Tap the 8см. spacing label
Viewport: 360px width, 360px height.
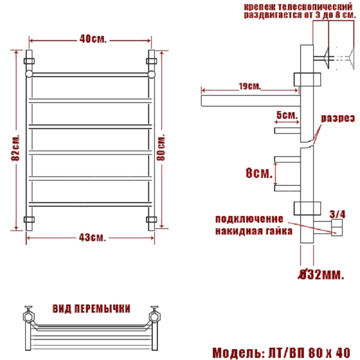tap(259, 173)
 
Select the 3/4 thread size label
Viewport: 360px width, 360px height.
tap(337, 213)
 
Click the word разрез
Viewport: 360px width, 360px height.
tap(338, 118)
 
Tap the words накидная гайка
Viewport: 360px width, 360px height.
tap(254, 231)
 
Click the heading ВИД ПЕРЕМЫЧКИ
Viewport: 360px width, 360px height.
tap(91, 309)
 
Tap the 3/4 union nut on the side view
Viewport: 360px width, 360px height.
tap(337, 227)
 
